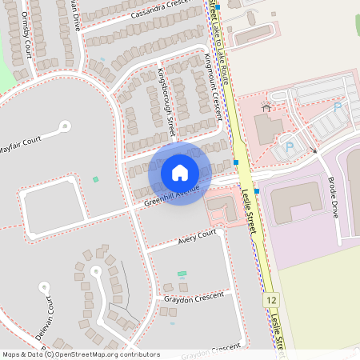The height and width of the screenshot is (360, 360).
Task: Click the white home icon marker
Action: [x=180, y=173]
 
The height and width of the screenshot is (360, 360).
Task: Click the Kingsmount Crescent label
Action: [x=213, y=86]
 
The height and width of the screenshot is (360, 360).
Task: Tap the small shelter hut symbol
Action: [x=266, y=108]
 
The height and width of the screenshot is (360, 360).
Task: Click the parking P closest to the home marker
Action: [x=289, y=146]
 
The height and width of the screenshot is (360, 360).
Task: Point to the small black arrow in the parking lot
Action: [x=314, y=150]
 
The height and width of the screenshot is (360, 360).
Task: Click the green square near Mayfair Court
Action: [x=95, y=179]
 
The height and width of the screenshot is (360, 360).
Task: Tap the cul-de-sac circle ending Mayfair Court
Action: [x=65, y=126]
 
